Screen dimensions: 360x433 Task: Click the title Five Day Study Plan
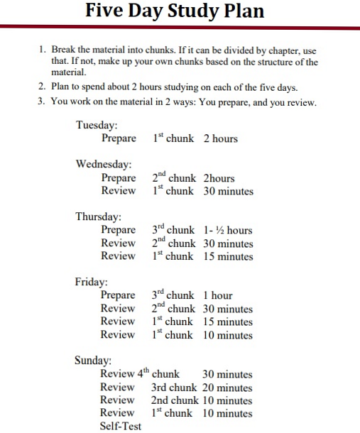[x=174, y=11]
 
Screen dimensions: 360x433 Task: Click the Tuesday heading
[x=97, y=125]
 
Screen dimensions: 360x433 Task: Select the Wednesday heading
[x=104, y=164]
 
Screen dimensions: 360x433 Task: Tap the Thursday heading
[x=99, y=217]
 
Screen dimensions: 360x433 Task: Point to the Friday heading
[x=91, y=282]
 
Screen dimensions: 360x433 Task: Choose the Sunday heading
[x=93, y=360]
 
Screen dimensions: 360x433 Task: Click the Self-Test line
[x=121, y=426]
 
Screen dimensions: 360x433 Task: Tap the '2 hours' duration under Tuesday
[x=220, y=138]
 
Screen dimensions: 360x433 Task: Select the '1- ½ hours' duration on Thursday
[x=227, y=230]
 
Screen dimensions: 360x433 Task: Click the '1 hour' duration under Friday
[x=218, y=295]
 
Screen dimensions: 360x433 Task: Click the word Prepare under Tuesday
[x=119, y=138]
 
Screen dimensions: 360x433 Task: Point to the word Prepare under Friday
[x=118, y=295]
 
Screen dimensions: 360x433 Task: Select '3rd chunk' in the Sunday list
[x=174, y=388]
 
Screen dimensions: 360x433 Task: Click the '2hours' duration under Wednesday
[x=219, y=178]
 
